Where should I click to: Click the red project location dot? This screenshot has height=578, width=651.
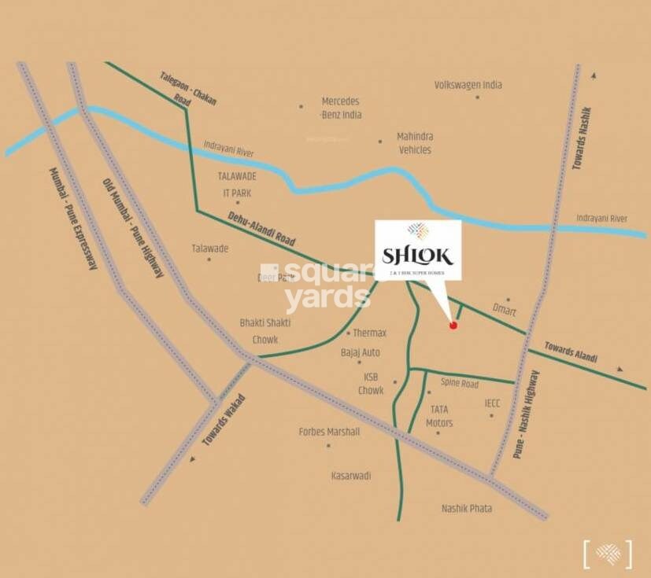click(x=453, y=326)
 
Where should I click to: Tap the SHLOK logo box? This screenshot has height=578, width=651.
click(x=417, y=250)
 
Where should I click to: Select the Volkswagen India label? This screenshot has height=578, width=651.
click(x=468, y=85)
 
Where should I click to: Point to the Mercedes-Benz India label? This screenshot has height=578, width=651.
click(x=341, y=108)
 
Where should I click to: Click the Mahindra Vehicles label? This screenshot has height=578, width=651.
click(x=414, y=143)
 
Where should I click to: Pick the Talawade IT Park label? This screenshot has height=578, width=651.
click(x=236, y=184)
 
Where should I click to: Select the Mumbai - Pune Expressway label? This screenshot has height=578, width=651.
click(x=72, y=219)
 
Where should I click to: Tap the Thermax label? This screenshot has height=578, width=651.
click(x=369, y=333)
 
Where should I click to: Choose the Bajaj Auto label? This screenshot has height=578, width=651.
click(x=361, y=352)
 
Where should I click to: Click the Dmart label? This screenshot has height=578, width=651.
click(x=504, y=311)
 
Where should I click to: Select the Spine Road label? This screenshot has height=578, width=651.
click(x=459, y=384)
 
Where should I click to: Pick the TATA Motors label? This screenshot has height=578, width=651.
click(x=438, y=416)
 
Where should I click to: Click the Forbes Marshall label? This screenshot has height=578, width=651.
click(x=329, y=432)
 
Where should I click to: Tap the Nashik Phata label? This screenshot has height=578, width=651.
click(x=467, y=509)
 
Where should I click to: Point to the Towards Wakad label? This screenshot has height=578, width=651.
click(x=224, y=420)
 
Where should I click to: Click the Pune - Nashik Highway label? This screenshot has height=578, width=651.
click(x=527, y=414)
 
